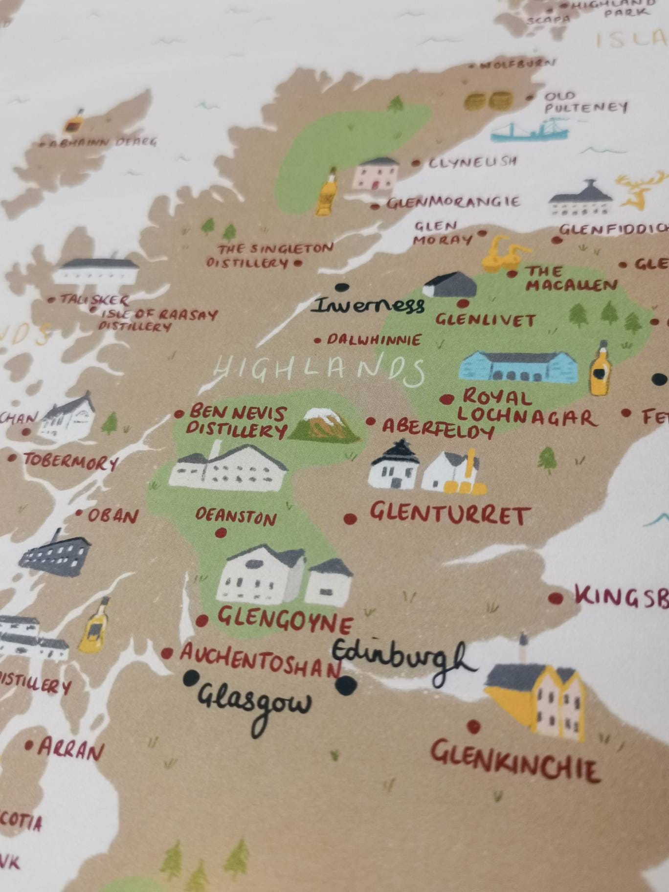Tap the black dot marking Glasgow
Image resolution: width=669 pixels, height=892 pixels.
tap(191, 677)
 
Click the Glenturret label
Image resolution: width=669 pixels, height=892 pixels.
tap(449, 514)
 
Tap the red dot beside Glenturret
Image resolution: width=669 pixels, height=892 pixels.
tap(350, 518)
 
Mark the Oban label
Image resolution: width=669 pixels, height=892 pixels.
tap(113, 515)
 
